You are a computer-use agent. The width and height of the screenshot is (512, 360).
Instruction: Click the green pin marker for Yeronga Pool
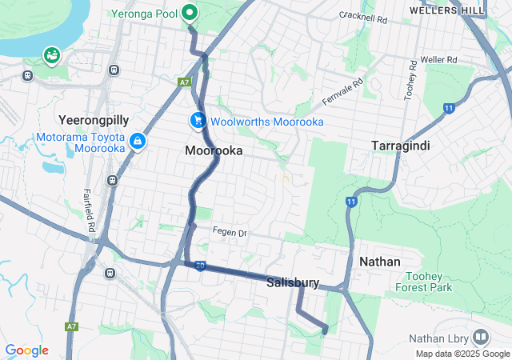click(190, 13)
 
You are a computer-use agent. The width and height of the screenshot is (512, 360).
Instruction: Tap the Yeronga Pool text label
click(146, 13)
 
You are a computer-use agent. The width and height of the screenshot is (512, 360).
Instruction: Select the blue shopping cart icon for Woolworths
click(197, 121)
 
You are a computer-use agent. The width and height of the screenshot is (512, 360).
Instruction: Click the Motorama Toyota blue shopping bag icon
click(138, 141)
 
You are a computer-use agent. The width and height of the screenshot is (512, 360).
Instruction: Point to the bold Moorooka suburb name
click(214, 150)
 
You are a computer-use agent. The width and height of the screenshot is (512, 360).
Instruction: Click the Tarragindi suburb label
click(402, 145)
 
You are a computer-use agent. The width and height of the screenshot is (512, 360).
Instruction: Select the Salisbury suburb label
click(293, 282)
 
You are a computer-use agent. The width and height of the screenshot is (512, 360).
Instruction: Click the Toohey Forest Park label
click(424, 281)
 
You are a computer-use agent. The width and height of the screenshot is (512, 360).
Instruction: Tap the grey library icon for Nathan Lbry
click(481, 337)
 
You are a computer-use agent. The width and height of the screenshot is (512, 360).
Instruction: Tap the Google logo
click(26, 350)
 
